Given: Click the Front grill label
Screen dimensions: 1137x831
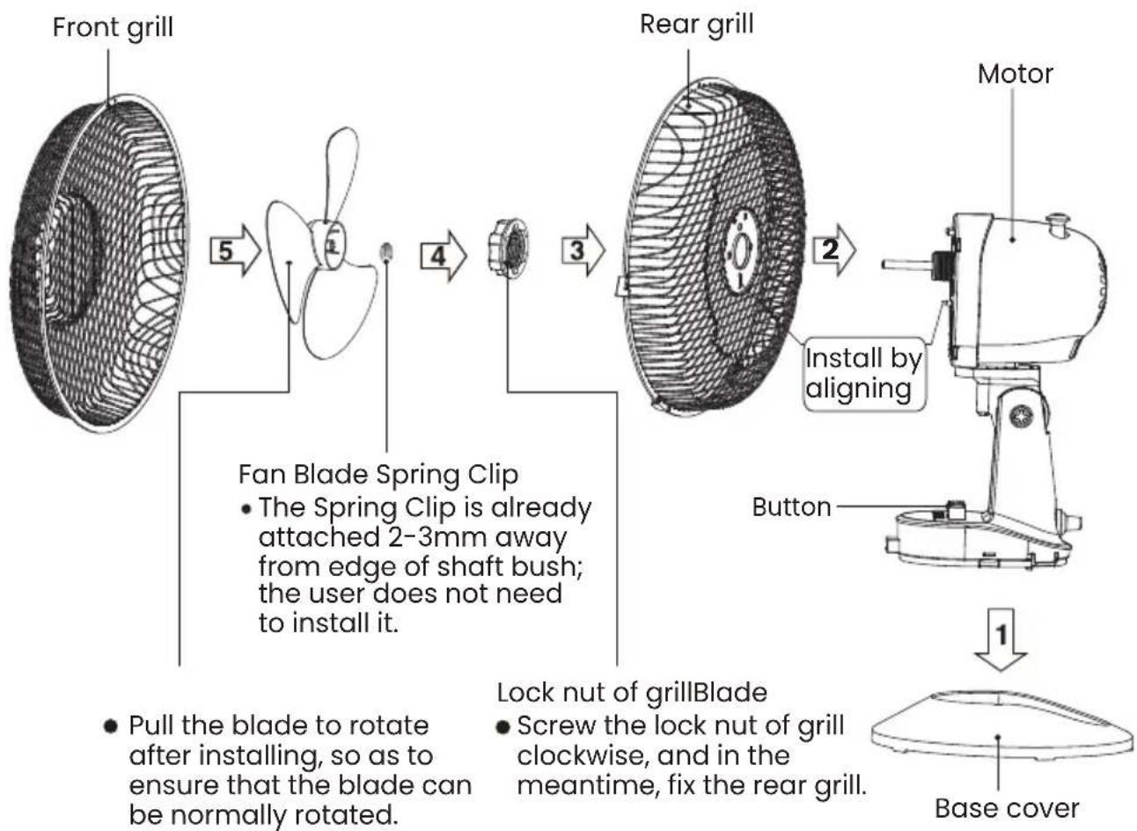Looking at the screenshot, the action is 113,28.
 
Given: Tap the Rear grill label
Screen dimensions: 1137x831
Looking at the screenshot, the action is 696,26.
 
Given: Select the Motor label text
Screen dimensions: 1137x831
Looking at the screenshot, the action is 1016,74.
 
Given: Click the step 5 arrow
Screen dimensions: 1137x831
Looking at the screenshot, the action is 236,250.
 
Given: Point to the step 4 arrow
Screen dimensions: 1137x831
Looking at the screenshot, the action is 444,256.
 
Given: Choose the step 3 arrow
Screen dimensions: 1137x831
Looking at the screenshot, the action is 583,250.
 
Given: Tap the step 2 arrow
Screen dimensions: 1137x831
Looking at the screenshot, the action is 834,250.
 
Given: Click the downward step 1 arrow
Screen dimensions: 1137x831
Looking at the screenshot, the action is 1001,640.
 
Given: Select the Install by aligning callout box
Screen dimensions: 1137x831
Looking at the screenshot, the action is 864,374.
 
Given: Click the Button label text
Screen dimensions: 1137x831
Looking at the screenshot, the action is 791,507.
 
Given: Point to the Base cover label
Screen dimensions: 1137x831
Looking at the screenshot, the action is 1007,808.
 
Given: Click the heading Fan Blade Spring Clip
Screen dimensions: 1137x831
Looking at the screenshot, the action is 378,476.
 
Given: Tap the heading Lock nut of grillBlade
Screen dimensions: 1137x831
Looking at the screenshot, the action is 632,693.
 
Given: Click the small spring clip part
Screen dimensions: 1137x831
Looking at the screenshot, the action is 387,251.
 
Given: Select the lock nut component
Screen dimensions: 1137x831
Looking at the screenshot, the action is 508,248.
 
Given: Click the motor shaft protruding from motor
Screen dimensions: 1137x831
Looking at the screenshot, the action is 907,265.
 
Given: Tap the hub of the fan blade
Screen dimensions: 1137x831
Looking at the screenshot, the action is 329,244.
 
